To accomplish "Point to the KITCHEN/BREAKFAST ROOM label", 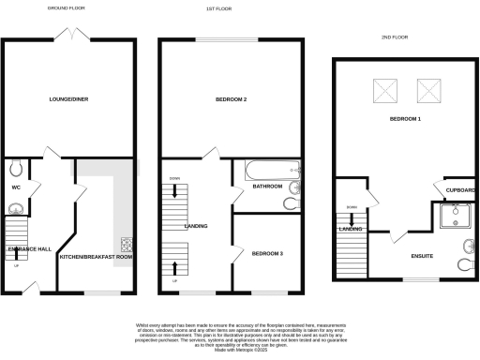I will coord(96,256).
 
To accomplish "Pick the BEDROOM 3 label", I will coord(269,253).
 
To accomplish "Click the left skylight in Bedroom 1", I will coord(385,91).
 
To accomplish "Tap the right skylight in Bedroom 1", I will coord(429,91).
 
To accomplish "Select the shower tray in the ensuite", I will coord(456,218).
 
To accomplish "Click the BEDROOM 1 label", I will coord(405,120).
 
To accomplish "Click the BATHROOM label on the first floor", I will coord(267,187).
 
